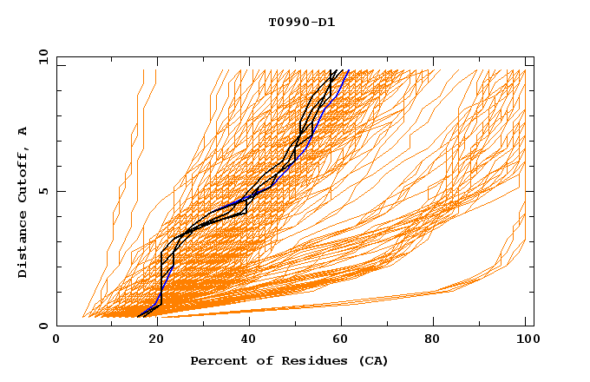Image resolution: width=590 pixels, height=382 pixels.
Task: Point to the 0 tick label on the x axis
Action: tap(56, 340)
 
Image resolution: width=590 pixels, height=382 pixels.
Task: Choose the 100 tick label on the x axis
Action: tap(526, 340)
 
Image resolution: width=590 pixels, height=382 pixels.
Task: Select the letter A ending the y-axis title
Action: tap(23, 130)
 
